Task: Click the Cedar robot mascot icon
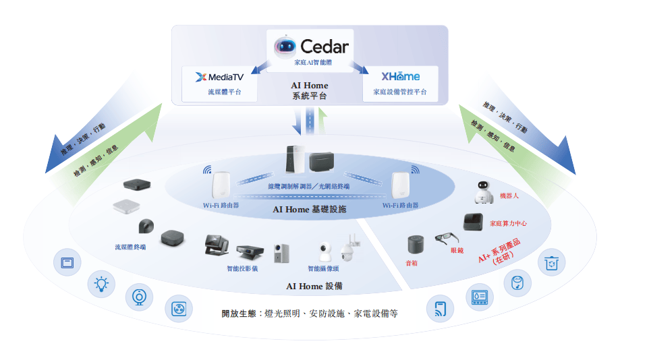[x=285, y=46]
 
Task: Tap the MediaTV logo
[x=219, y=77]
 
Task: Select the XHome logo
[x=400, y=76]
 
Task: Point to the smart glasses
[x=447, y=239]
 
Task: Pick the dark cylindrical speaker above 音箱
[x=416, y=244]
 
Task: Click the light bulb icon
[x=101, y=284]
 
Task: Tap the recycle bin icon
[x=552, y=263]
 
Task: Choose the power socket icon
[x=179, y=309]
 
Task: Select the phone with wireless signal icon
[x=441, y=309]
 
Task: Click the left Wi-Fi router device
[x=221, y=185]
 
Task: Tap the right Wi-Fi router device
[x=400, y=185]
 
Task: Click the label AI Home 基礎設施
[x=309, y=210]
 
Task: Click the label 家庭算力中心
[x=508, y=223]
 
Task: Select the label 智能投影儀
[x=242, y=268]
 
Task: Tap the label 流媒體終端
[x=130, y=247]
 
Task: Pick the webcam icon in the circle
[x=139, y=297]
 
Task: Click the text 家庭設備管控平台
[x=400, y=92]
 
